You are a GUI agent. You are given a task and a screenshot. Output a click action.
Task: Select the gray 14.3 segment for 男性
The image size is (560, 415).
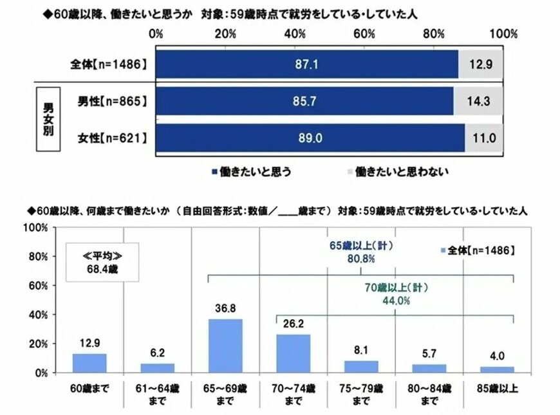pyautogui.click(x=478, y=101)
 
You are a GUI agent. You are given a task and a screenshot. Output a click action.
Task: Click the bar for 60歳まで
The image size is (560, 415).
pyautogui.click(x=89, y=363)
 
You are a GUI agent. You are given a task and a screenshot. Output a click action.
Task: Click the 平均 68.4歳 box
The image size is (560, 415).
pyautogui.click(x=103, y=261)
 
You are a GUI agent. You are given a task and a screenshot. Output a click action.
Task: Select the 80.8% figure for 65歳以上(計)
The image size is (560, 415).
pyautogui.click(x=362, y=259)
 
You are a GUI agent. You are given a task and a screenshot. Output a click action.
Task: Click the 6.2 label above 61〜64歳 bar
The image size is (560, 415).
pyautogui.click(x=157, y=354)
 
